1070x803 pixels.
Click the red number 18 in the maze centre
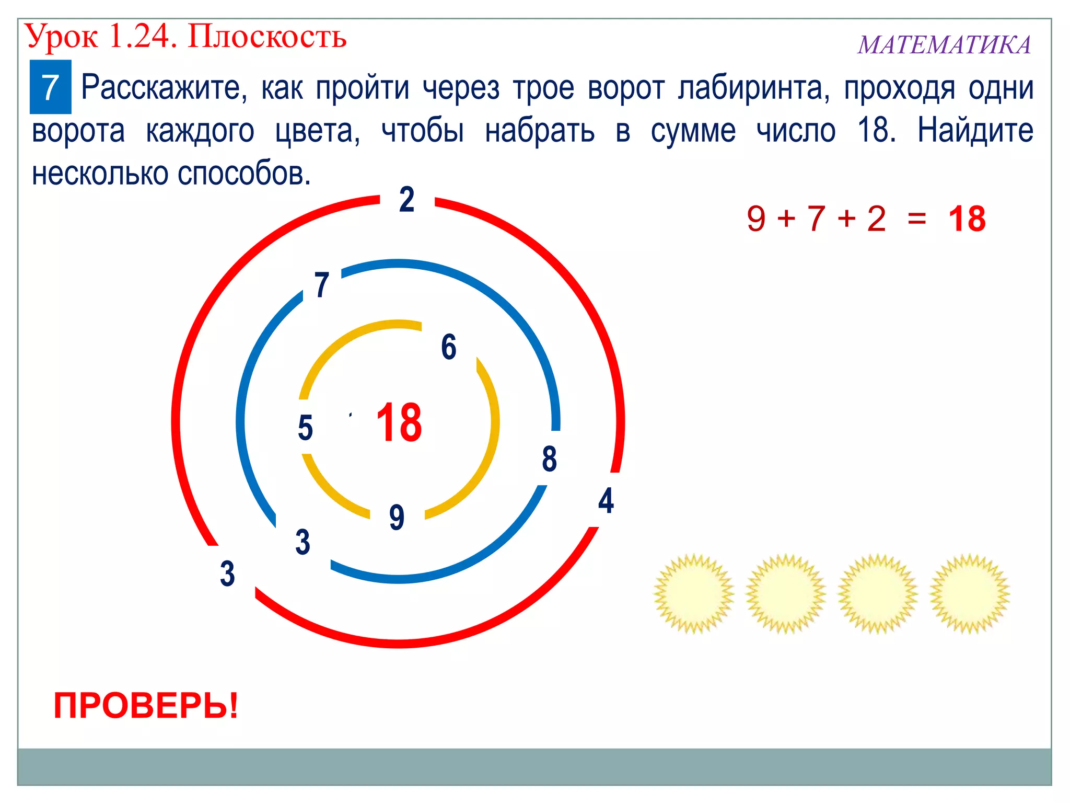pyautogui.click(x=399, y=422)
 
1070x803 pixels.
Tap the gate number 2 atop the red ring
pyautogui.click(x=407, y=200)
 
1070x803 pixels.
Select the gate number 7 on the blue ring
pyautogui.click(x=322, y=285)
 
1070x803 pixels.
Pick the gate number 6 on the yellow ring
pyautogui.click(x=449, y=347)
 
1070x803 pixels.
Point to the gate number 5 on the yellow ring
pyautogui.click(x=305, y=428)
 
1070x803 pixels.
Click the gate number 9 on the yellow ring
pyautogui.click(x=397, y=517)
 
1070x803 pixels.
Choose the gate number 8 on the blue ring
pyautogui.click(x=549, y=459)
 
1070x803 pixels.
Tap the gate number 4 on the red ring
pyautogui.click(x=606, y=500)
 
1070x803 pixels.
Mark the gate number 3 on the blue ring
pyautogui.click(x=303, y=542)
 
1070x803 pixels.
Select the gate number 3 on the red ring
pyautogui.click(x=227, y=573)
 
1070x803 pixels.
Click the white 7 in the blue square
pyautogui.click(x=50, y=87)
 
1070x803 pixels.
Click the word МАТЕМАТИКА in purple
pyautogui.click(x=944, y=45)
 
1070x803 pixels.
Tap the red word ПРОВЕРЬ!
pyautogui.click(x=146, y=706)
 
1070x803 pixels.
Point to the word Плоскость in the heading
pyautogui.click(x=267, y=37)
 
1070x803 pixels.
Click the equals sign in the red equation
pyautogui.click(x=917, y=219)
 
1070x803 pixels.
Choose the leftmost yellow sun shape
pyautogui.click(x=694, y=593)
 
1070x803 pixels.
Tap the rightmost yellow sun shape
pyautogui.click(x=970, y=593)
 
